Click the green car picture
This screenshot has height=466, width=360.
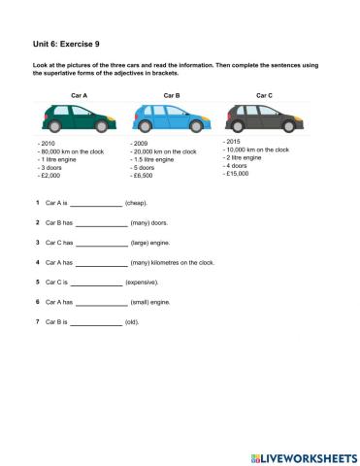click(79, 119)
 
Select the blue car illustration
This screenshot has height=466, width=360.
click(171, 119)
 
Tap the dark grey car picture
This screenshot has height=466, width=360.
click(263, 119)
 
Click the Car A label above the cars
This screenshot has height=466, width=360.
click(80, 95)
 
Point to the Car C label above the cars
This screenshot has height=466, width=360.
click(263, 95)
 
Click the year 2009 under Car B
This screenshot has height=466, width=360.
click(139, 144)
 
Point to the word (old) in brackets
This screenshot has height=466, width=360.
click(132, 320)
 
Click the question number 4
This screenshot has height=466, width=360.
click(37, 262)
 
